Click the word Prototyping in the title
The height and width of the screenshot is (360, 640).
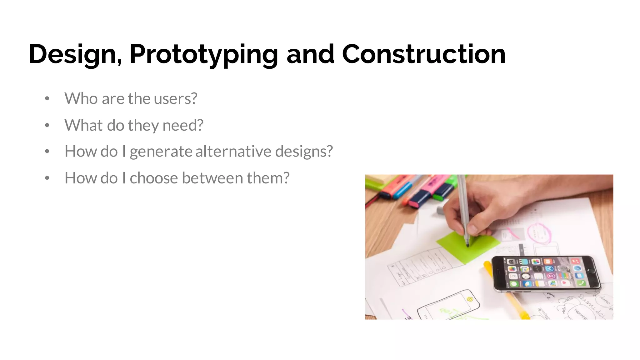click(203, 54)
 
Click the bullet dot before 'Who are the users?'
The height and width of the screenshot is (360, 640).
click(47, 99)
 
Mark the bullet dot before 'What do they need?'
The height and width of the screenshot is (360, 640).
click(47, 125)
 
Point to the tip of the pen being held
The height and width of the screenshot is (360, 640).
click(467, 246)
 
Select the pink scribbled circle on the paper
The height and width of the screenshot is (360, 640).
click(539, 233)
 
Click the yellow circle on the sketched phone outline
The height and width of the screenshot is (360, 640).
click(470, 299)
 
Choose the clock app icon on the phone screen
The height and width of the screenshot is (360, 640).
click(526, 276)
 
